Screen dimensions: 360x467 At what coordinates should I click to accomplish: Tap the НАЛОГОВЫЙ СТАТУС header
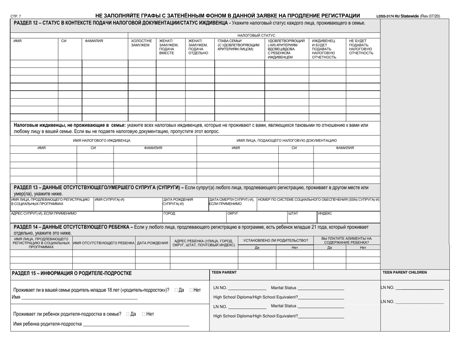coord(256,35)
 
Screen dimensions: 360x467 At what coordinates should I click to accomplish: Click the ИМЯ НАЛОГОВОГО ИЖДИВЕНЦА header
coord(102,140)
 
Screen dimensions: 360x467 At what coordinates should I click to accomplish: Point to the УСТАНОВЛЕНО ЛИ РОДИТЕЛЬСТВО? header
coord(276,240)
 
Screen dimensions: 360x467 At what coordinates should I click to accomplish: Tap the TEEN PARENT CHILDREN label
coord(405,272)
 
